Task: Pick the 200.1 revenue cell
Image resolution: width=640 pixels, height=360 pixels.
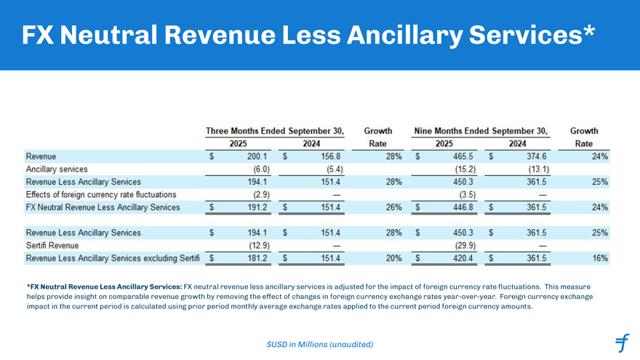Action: coord(257,156)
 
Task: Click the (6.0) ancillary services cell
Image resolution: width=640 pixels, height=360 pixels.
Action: coord(257,169)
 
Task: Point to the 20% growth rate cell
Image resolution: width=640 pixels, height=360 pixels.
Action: coord(393,258)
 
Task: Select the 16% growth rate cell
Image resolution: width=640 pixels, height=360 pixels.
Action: coord(600,258)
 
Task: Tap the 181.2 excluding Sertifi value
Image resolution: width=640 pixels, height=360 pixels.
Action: coord(257,258)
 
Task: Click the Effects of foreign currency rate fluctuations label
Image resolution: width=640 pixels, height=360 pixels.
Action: coord(101,195)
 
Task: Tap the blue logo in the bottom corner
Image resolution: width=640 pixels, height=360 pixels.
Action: coord(621,342)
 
